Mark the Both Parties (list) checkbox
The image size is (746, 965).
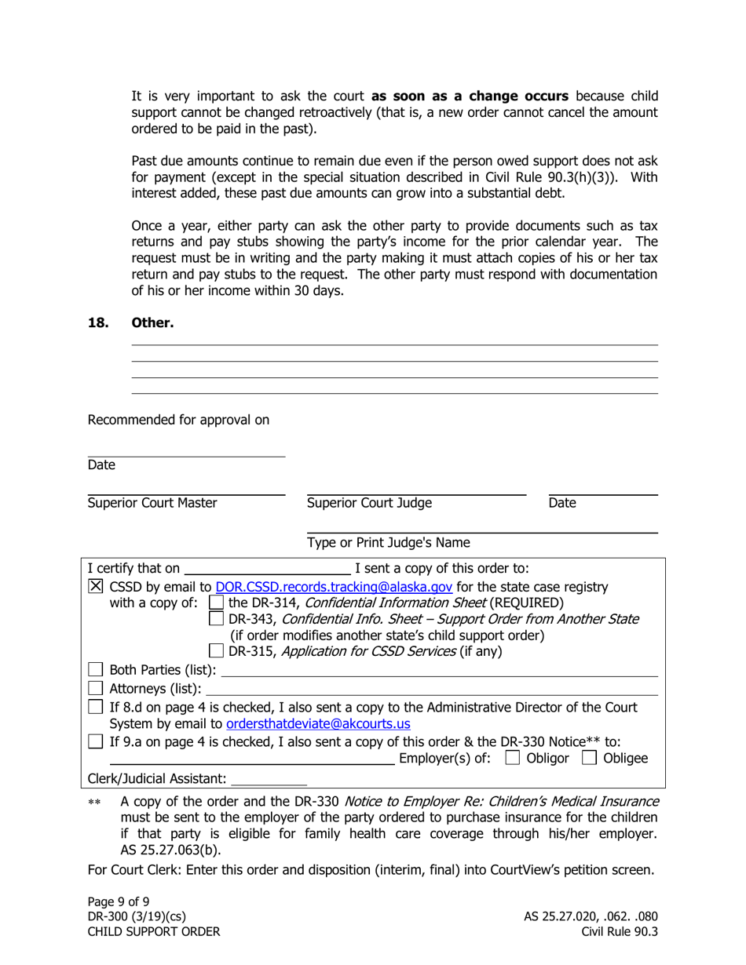[x=95, y=670]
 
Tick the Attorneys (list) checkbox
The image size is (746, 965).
[x=95, y=689]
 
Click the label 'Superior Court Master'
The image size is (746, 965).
[x=152, y=504]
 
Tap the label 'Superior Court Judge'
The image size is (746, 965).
[x=369, y=504]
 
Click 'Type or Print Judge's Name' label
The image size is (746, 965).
[x=389, y=543]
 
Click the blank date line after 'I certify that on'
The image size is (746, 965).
[x=267, y=568]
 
